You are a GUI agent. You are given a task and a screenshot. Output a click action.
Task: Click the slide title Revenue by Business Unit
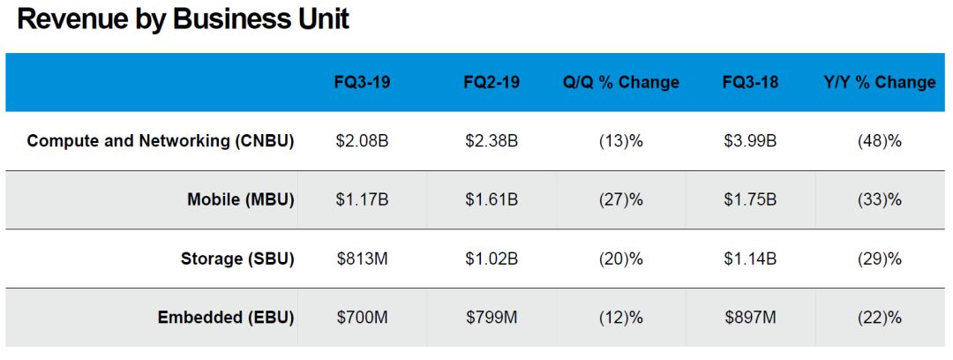point(184,20)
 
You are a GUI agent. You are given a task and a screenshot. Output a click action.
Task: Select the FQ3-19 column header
point(362,82)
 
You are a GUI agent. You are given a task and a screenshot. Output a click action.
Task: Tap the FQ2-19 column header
point(492,82)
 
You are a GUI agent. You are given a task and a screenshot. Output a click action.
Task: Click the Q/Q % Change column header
point(621,82)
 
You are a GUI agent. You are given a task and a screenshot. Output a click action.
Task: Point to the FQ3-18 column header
point(749,82)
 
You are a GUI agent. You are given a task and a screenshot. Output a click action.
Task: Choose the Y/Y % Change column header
point(879,82)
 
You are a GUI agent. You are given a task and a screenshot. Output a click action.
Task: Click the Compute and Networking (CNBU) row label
point(161,141)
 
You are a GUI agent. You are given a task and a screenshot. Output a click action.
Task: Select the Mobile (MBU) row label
point(240,200)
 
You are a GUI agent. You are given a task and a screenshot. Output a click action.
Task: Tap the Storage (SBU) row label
point(237,259)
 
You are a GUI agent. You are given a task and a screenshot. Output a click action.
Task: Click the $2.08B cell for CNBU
point(362,141)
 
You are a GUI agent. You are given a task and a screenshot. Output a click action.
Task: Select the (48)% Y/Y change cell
point(879,141)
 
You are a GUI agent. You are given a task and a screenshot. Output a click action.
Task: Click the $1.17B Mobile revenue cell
point(362,200)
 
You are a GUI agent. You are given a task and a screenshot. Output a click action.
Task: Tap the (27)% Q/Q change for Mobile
point(621,200)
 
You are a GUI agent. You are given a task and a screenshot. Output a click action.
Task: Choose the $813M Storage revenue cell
point(362,259)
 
